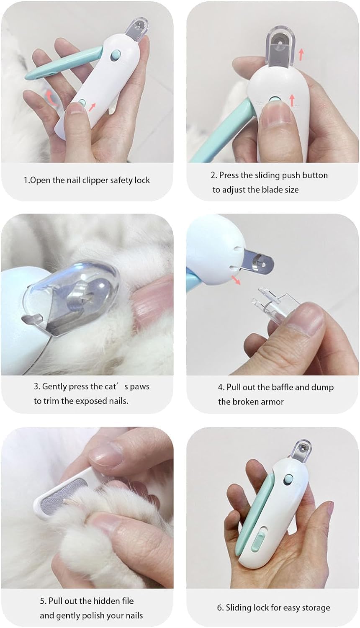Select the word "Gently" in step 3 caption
coord(54,387)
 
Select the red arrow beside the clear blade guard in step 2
coord(301,55)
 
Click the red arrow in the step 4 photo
coord(236,280)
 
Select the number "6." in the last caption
coord(221,608)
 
